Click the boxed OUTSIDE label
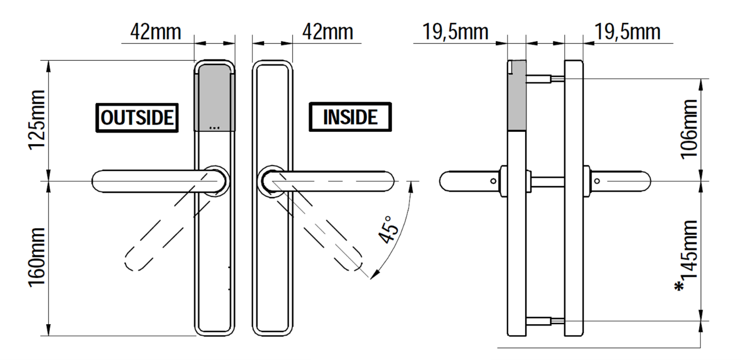click(x=137, y=117)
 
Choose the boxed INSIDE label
click(x=350, y=117)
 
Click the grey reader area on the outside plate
click(x=215, y=98)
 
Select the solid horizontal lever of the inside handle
click(x=336, y=181)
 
